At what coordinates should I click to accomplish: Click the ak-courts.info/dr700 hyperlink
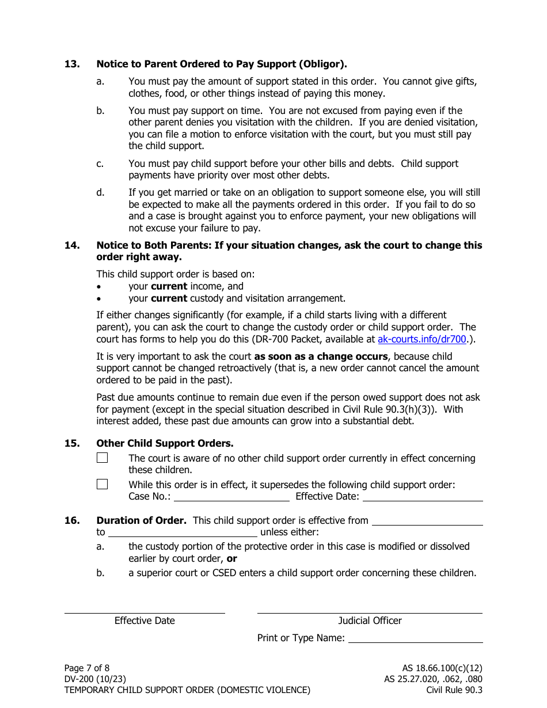tap(422, 339)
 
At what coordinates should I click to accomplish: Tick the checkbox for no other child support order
tap(102, 458)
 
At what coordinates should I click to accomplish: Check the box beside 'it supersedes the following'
tap(102, 484)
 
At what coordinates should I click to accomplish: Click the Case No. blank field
tap(231, 496)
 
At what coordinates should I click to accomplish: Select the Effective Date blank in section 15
tap(422, 496)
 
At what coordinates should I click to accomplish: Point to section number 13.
tap(72, 64)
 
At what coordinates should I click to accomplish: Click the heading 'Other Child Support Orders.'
tap(165, 443)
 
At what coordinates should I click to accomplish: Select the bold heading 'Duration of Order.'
tap(141, 520)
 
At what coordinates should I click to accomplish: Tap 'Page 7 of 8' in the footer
tap(86, 668)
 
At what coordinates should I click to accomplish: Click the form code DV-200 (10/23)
tap(95, 679)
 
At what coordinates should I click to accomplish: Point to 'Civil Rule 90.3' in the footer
tap(454, 690)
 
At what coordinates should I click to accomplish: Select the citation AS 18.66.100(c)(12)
tap(442, 668)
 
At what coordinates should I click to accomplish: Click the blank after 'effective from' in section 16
tap(427, 520)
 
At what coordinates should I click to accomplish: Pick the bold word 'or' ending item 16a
tap(231, 558)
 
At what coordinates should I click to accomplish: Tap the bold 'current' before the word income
tap(169, 286)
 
